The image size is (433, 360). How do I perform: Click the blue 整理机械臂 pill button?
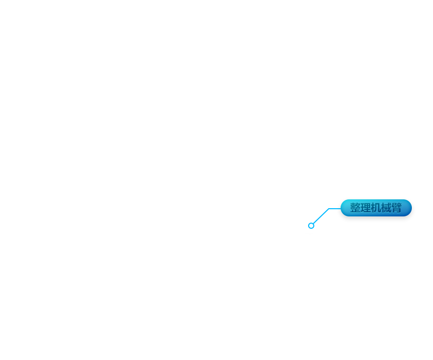376,208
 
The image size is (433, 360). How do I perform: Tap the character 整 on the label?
355,208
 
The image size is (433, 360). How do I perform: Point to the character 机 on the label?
376,208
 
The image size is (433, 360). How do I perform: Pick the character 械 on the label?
386,208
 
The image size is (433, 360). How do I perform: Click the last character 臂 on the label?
396,208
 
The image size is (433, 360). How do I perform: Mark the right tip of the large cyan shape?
332,208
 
